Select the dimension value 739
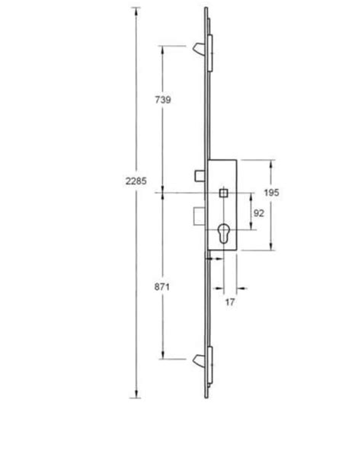[162, 99]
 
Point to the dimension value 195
[273, 194]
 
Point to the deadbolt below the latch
[198, 216]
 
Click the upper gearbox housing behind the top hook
[209, 48]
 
